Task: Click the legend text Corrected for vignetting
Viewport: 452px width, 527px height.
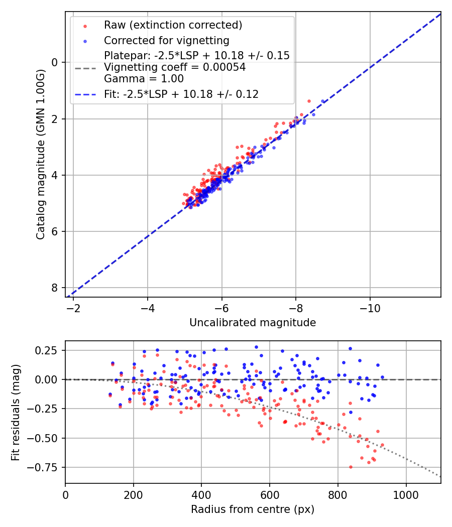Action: (x=166, y=40)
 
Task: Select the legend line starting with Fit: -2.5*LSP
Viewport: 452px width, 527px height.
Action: (x=181, y=94)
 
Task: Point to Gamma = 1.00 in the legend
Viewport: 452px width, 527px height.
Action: (x=144, y=79)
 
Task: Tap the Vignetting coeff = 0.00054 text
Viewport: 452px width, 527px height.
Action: (x=175, y=67)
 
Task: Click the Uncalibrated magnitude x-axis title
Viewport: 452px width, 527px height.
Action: (x=253, y=323)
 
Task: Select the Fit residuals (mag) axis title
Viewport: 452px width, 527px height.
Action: (x=16, y=412)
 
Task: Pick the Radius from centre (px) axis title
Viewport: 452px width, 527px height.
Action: (x=253, y=509)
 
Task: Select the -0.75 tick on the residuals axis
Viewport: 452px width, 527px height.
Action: (x=48, y=467)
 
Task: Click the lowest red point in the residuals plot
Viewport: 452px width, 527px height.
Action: (x=351, y=467)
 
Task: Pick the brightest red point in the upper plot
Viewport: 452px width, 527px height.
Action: (x=309, y=101)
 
